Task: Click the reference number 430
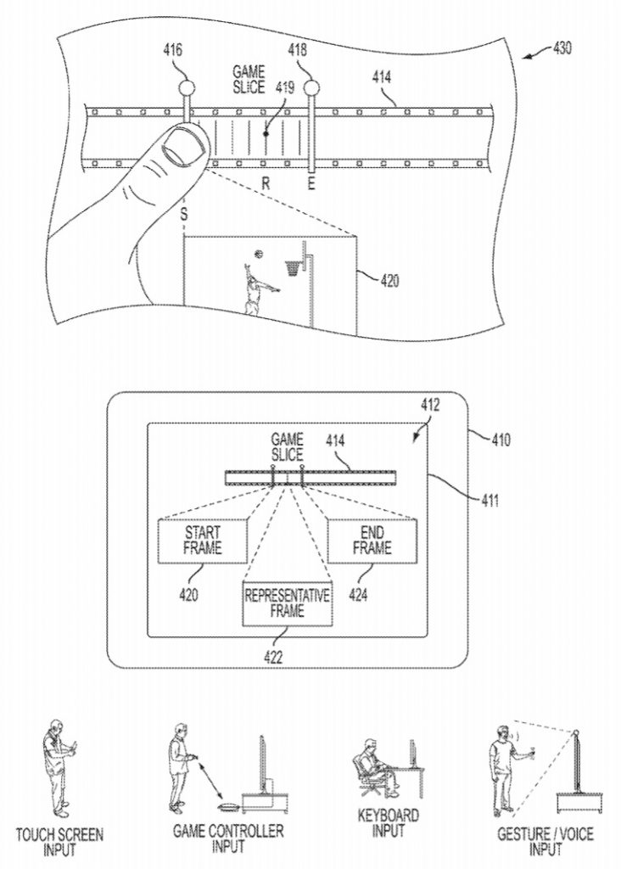click(x=562, y=48)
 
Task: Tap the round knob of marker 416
click(x=187, y=87)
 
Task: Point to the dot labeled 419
click(x=266, y=133)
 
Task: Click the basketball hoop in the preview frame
click(x=293, y=267)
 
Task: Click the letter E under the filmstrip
click(x=310, y=183)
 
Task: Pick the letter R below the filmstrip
click(x=266, y=183)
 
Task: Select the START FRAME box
click(x=202, y=541)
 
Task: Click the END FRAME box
click(x=372, y=541)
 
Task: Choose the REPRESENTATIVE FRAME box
click(x=288, y=603)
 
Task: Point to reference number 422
click(x=273, y=658)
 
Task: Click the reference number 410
click(x=501, y=440)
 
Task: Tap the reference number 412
click(x=430, y=405)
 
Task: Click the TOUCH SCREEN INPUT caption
click(x=59, y=841)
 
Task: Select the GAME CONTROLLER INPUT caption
click(x=228, y=838)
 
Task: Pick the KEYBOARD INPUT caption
click(x=388, y=823)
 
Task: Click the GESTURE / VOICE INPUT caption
click(x=545, y=841)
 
